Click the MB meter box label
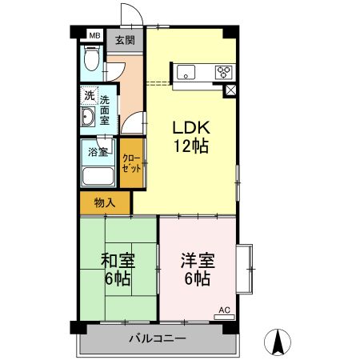(x=94, y=35)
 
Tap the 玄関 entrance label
(x=124, y=39)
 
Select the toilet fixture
(x=91, y=62)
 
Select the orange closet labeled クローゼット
(x=131, y=164)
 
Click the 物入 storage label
(x=104, y=202)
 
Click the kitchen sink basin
(x=190, y=72)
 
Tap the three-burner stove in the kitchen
(x=223, y=73)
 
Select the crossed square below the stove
(x=230, y=90)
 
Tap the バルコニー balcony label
(x=158, y=338)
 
